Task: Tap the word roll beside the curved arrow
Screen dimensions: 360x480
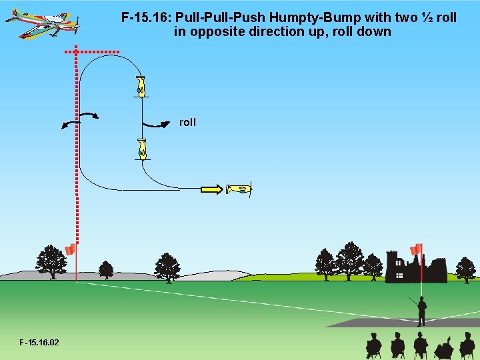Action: pyautogui.click(x=187, y=122)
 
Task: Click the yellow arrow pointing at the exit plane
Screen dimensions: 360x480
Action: pyautogui.click(x=211, y=189)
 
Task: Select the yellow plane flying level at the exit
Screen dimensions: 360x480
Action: pyautogui.click(x=239, y=189)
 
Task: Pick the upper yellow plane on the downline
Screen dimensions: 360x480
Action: pyautogui.click(x=141, y=87)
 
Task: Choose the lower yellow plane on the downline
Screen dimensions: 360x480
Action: pyautogui.click(x=141, y=149)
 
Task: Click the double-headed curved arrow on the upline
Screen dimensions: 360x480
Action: pyautogui.click(x=79, y=119)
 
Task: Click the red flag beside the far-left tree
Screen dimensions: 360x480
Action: pyautogui.click(x=71, y=249)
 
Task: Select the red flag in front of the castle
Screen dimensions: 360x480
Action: pyautogui.click(x=417, y=250)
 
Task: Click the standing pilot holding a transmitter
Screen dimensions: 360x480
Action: pyautogui.click(x=421, y=311)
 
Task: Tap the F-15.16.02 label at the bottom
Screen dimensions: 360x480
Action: pyautogui.click(x=39, y=343)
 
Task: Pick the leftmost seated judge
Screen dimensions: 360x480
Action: pyautogui.click(x=374, y=345)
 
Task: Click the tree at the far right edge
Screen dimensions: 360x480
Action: pyautogui.click(x=465, y=269)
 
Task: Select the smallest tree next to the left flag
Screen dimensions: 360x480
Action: pyautogui.click(x=105, y=269)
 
